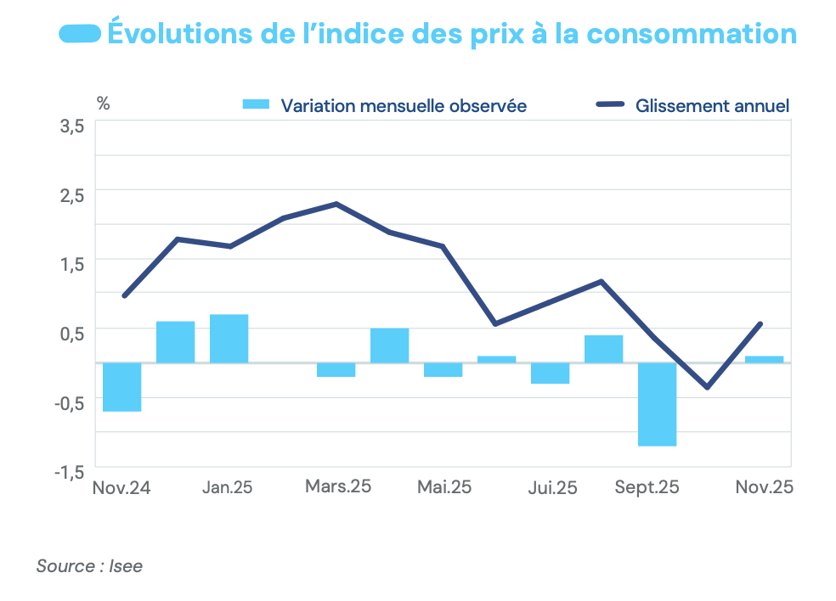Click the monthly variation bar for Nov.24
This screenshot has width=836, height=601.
coord(121,387)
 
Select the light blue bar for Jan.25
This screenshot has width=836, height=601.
coord(229,339)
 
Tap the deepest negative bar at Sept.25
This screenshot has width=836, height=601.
coord(658,404)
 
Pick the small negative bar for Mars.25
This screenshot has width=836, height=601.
coord(336,369)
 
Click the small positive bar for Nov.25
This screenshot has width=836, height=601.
coord(764,359)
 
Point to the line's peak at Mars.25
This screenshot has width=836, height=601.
coord(336,204)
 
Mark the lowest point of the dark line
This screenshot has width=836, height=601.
coord(707,388)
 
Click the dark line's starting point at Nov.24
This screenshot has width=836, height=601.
coord(124,296)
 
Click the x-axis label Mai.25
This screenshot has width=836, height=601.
coord(444,488)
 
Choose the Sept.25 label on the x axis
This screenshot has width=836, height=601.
coord(647,488)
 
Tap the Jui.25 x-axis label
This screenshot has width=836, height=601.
coord(552,488)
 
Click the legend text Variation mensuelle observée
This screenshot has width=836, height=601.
coord(404,106)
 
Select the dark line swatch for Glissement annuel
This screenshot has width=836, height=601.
coord(611,105)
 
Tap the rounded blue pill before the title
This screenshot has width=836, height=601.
coord(80,34)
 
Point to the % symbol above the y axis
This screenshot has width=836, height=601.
coord(103,104)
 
